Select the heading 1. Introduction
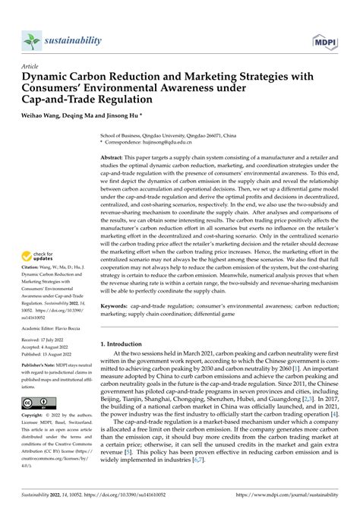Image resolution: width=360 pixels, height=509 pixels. [x=125, y=344]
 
